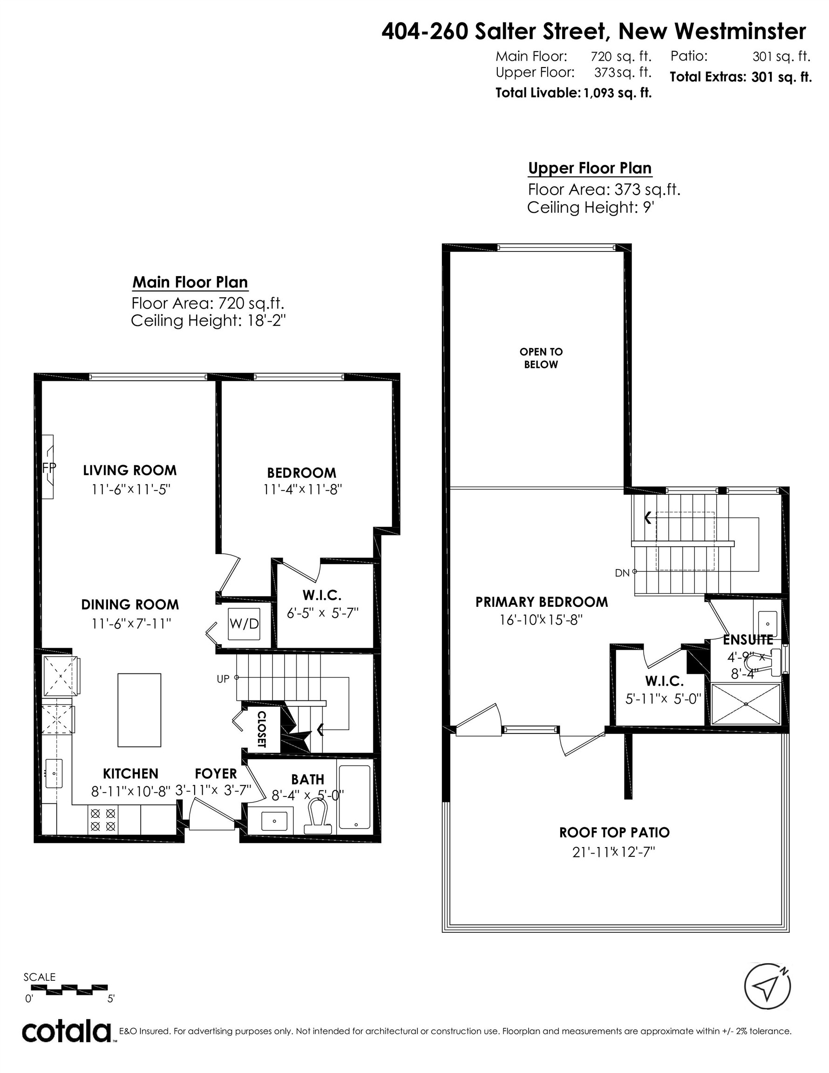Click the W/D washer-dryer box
pos(244,624)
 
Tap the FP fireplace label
pos(48,467)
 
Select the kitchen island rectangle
pos(139,710)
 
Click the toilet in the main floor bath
pos(318,816)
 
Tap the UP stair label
pos(223,679)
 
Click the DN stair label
pos(622,572)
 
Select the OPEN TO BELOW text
pos(541,358)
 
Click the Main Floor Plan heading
pos(190,283)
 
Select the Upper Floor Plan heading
pos(590,168)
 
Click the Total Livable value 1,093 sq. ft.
pos(617,93)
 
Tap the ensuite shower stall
pos(746,704)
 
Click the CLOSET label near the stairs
pos(261,729)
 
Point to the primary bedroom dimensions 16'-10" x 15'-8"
pos(541,620)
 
